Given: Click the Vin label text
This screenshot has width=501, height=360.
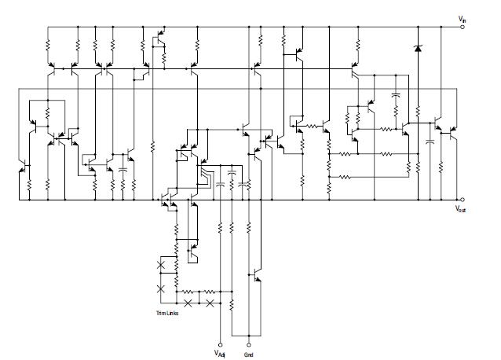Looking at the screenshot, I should (462, 17).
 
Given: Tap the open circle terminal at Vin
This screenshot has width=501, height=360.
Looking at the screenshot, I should (462, 26).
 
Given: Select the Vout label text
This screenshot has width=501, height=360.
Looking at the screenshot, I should (462, 209).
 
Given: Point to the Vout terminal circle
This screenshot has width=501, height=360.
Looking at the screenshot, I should (462, 200).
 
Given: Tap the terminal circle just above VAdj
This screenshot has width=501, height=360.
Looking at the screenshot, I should (219, 343).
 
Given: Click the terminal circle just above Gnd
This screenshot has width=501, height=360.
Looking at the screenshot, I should (249, 343).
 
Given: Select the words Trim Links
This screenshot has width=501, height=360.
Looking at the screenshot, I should (170, 314).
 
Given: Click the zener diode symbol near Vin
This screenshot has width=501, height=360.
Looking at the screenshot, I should (416, 50).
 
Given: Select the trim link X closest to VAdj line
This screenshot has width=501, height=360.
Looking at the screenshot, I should (210, 302).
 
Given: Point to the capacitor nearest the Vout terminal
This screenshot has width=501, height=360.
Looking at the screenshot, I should (430, 142).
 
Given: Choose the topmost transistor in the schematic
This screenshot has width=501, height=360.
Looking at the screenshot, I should (160, 36).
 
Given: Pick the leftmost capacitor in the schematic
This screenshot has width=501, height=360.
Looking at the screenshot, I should (123, 169).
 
